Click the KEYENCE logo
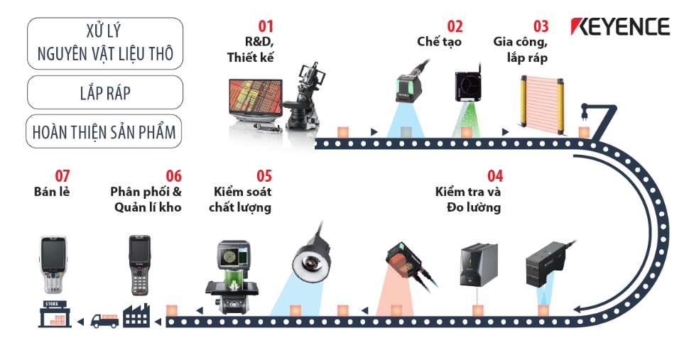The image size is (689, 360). pos(620,27)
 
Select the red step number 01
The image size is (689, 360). pos(265,26)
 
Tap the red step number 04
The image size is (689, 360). pos(495,175)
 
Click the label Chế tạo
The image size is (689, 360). pos(439,42)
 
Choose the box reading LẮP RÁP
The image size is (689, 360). pos(104,92)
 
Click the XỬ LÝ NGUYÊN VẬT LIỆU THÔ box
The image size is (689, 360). pos(104,43)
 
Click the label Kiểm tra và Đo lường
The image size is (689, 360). pos(468,200)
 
